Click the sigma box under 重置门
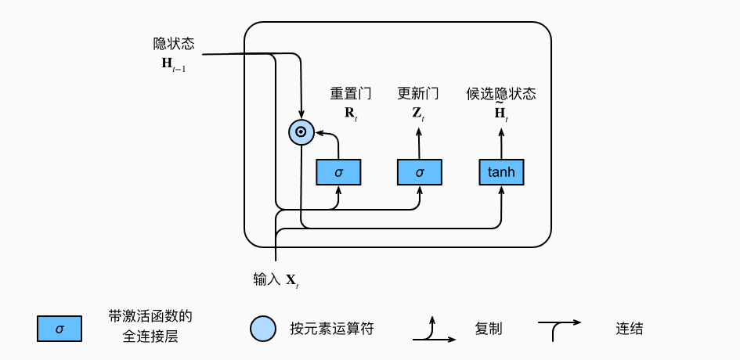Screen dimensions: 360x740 pyautogui.click(x=338, y=172)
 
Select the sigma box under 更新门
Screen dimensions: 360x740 pyautogui.click(x=420, y=172)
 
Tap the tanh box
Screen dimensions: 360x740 pyautogui.click(x=501, y=172)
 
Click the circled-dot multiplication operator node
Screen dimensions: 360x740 pyautogui.click(x=301, y=133)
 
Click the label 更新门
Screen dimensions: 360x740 pyautogui.click(x=418, y=94)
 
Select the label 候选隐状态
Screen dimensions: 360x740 pyautogui.click(x=501, y=94)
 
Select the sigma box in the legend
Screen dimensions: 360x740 pyautogui.click(x=60, y=329)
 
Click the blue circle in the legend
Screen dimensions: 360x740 pyautogui.click(x=263, y=329)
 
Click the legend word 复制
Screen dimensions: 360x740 pyautogui.click(x=487, y=329)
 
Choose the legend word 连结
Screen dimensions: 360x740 pyautogui.click(x=630, y=329)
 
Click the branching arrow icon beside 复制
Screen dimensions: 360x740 pyautogui.click(x=434, y=331)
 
